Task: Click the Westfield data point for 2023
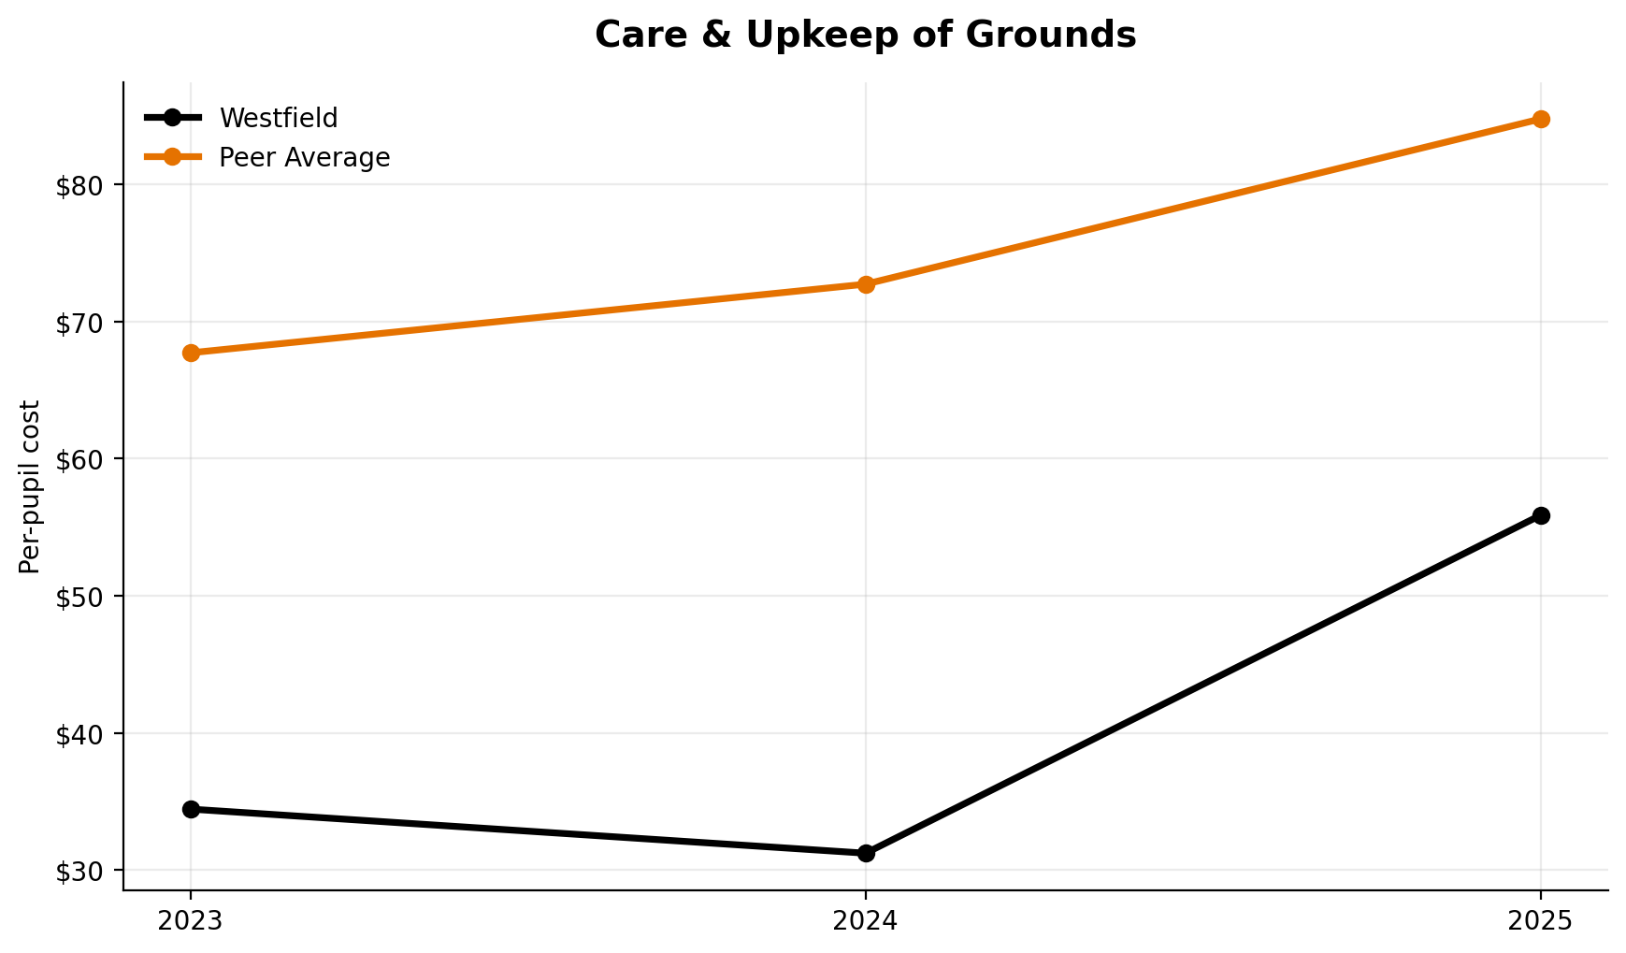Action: (191, 809)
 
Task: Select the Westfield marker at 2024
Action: (866, 853)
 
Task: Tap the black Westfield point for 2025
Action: (1541, 515)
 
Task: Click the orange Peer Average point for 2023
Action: (191, 353)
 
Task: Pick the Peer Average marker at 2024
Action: (866, 284)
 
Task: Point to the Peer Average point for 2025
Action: (1541, 119)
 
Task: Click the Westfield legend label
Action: (278, 119)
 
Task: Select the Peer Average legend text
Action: (304, 158)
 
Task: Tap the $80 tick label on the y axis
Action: (78, 185)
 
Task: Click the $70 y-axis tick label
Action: (78, 323)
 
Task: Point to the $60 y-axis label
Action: (78, 459)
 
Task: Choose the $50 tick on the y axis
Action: (78, 597)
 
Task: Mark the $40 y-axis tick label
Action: (78, 734)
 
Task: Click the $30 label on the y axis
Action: (78, 872)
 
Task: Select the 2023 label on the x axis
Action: (191, 921)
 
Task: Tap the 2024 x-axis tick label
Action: (866, 921)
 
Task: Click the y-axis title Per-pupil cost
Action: (30, 486)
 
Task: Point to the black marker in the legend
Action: (172, 118)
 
